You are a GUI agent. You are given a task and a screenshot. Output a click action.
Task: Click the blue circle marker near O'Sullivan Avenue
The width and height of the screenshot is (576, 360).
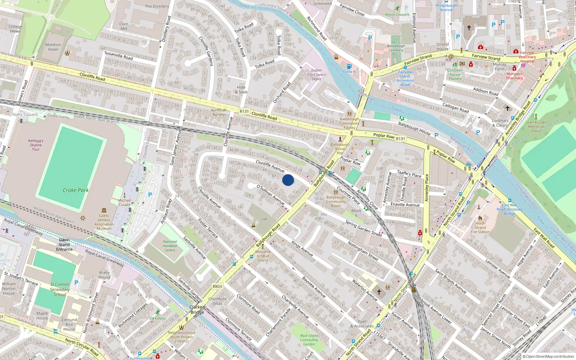coord(288,180)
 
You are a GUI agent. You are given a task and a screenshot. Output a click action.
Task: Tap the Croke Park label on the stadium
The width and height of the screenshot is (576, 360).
coord(76,190)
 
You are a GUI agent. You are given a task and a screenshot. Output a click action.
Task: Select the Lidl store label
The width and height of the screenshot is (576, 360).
coord(264,219)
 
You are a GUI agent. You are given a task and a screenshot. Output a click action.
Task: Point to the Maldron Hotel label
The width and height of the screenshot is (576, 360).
coord(53,47)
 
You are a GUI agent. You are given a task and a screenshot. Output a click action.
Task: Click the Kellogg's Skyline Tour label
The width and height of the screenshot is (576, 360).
coord(36,145)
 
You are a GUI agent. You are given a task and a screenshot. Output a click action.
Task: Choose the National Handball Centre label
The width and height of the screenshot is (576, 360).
coord(170,246)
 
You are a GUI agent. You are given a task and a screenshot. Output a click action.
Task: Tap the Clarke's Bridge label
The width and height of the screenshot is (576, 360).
coord(197,310)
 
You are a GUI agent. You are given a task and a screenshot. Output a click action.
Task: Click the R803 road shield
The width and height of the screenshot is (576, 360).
coord(217,287)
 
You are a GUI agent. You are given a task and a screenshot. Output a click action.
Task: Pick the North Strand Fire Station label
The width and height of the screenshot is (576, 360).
coord(480,228)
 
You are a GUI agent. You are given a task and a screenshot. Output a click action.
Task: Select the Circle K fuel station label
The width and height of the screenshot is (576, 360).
coord(349,72)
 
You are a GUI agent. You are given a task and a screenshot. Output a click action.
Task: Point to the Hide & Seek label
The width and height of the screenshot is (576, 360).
coord(241,90)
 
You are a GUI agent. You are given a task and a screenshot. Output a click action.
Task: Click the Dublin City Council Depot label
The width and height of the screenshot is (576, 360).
coord(316,75)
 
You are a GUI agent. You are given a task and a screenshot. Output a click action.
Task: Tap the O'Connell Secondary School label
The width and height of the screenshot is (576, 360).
coord(60,289)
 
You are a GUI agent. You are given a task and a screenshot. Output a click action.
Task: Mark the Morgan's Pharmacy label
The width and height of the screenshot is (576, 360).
coord(514,76)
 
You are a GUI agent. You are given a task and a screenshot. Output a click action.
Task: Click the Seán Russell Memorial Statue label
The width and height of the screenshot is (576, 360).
coord(536,126)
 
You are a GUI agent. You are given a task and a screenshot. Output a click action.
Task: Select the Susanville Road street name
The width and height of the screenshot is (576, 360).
coord(118,55)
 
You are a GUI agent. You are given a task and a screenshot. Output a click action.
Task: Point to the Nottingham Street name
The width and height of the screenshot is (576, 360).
coord(363,251)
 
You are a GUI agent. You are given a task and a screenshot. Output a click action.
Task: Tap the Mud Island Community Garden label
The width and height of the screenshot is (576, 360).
coord(309,340)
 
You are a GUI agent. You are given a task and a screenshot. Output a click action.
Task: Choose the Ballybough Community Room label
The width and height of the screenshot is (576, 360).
coord(336,202)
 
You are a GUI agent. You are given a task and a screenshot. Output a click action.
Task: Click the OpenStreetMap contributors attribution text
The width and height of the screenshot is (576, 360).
coord(548,357)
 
